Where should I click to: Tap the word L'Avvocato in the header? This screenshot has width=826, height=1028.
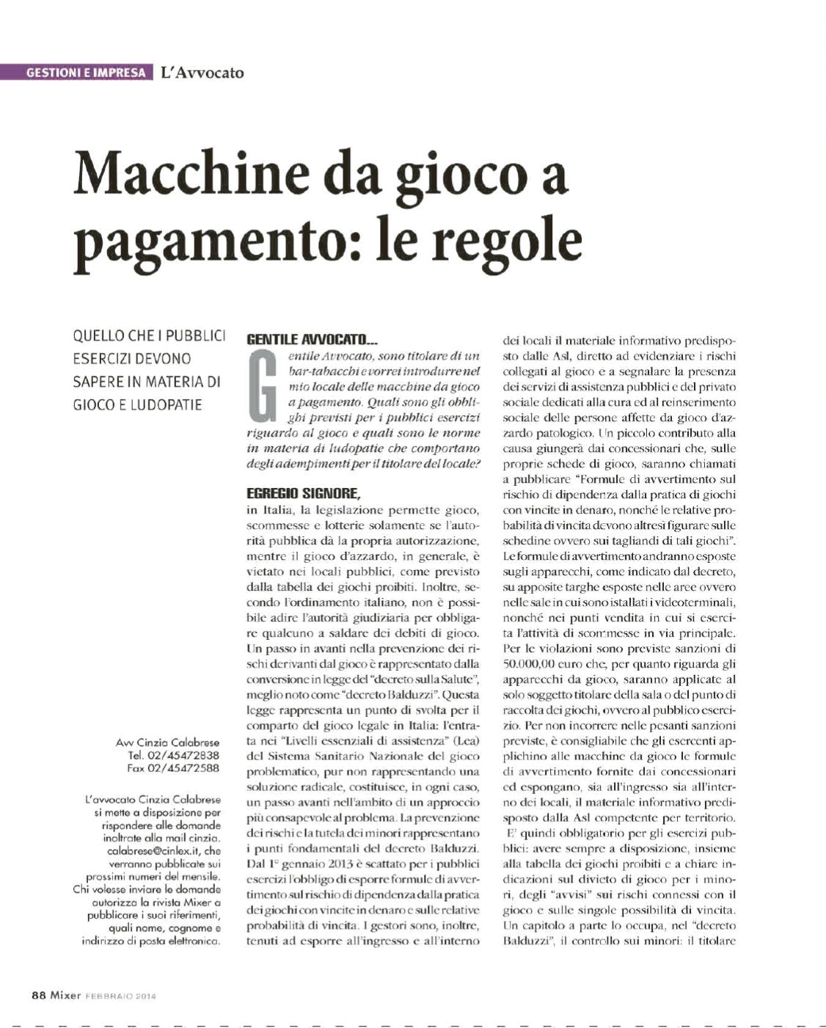[x=202, y=73]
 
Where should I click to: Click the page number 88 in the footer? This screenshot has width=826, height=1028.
[x=38, y=996]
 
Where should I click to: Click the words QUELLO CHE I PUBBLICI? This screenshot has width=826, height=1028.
[x=149, y=336]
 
